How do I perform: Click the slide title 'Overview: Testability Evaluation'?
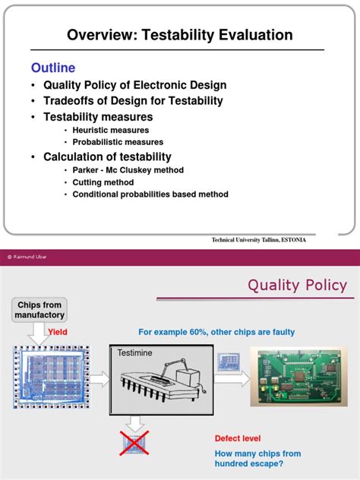(x=179, y=35)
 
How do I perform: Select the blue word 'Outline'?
(x=53, y=68)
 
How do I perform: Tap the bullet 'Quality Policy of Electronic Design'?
(x=134, y=85)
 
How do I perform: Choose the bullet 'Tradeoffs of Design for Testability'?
(x=133, y=101)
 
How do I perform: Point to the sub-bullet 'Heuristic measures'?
(x=112, y=131)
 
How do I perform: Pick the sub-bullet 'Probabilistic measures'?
(x=118, y=142)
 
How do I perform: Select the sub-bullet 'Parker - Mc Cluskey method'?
(x=128, y=170)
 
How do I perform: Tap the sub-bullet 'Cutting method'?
(x=103, y=182)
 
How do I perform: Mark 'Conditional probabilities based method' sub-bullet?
(x=150, y=194)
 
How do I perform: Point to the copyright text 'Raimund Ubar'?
(x=30, y=257)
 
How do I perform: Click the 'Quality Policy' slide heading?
(x=297, y=286)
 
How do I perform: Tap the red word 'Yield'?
(x=58, y=332)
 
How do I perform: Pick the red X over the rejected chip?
(x=134, y=442)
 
